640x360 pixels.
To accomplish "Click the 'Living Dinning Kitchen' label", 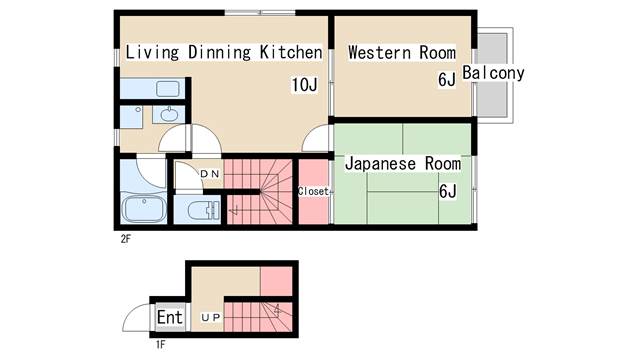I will (223, 52).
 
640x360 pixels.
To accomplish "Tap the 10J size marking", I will (304, 84).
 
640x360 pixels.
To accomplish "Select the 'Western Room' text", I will (401, 52).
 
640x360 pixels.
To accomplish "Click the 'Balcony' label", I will (493, 73).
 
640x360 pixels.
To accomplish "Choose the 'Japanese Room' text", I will (402, 163).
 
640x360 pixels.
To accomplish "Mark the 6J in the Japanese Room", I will (447, 191).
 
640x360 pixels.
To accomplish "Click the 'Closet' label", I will (313, 191).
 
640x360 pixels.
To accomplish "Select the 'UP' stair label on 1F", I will (211, 318).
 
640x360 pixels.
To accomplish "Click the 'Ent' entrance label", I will (170, 318).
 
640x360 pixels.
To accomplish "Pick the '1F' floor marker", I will (160, 345).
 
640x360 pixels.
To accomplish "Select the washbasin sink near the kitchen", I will (166, 114).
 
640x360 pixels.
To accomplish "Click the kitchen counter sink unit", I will (149, 87).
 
